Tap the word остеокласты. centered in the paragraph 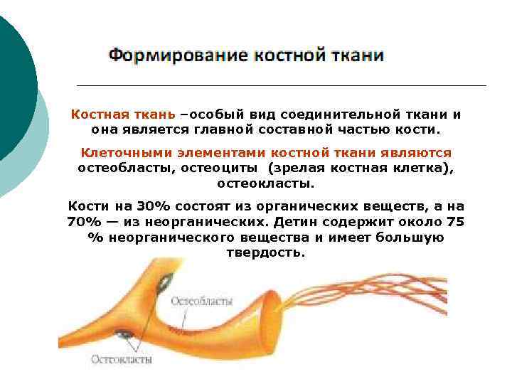(265, 183)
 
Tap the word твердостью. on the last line (265, 252)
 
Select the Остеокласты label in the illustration (121, 359)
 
